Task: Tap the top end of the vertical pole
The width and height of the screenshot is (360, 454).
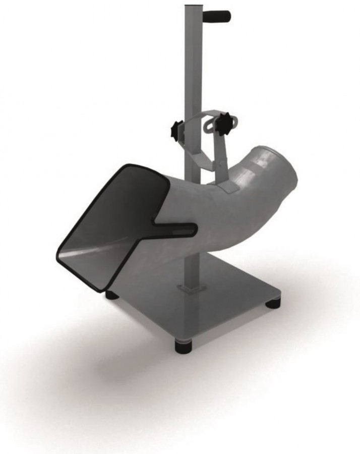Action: pyautogui.click(x=192, y=7)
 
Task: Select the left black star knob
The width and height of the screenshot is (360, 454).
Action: pyautogui.click(x=176, y=131)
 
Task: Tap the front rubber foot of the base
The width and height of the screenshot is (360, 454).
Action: pyautogui.click(x=184, y=346)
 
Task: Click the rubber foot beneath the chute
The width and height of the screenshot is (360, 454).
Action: pyautogui.click(x=112, y=295)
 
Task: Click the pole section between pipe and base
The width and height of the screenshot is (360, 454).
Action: pyautogui.click(x=192, y=267)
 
